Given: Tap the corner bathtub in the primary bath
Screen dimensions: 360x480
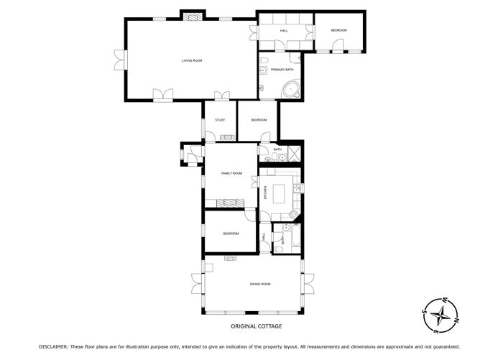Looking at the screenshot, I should [x=291, y=90].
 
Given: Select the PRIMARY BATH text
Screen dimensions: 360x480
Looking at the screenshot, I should [x=282, y=70].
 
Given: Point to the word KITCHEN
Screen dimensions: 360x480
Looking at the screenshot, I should [x=264, y=193].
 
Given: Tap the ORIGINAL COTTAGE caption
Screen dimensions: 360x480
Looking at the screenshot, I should [x=256, y=326].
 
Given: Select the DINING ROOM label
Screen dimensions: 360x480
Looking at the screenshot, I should [x=260, y=285].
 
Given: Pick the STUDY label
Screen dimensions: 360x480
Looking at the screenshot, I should [x=220, y=120].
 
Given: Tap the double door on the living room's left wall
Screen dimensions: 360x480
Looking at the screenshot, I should [x=119, y=61].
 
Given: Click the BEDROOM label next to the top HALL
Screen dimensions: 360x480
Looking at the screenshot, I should [x=338, y=30].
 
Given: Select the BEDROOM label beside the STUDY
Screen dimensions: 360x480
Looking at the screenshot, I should [x=259, y=120].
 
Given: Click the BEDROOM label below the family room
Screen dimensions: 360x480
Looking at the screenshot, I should [x=231, y=234].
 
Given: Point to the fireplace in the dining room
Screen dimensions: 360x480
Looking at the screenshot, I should [x=230, y=259].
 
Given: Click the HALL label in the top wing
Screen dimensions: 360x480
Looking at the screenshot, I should [x=284, y=30].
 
